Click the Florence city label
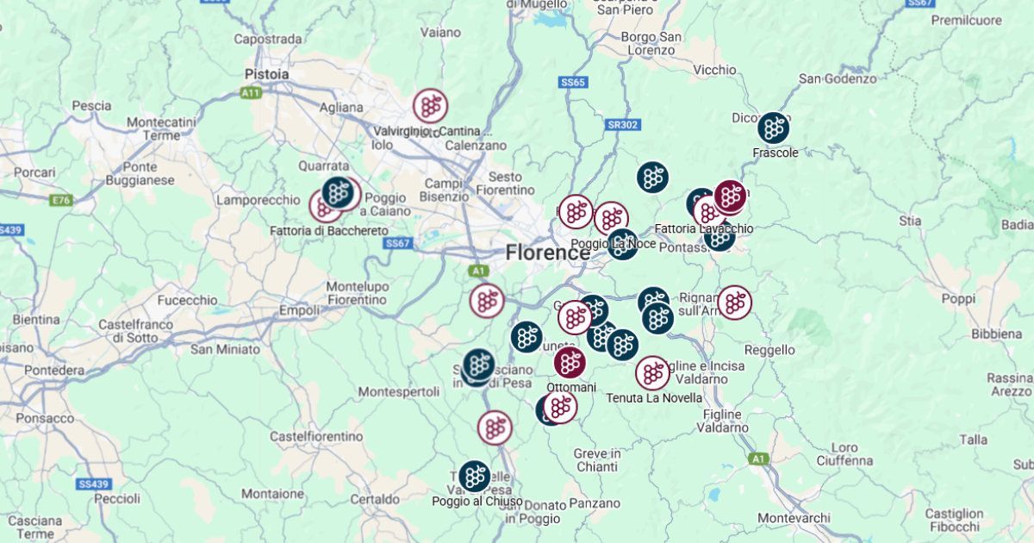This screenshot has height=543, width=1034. pos(548,253)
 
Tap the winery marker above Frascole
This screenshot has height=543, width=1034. pos(774,128)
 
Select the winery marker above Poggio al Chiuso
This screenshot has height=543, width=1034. pos(474,476)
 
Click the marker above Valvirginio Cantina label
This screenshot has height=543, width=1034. pos(430,105)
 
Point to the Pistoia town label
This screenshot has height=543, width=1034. pos(266,74)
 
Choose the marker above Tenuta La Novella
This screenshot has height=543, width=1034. pos(652,372)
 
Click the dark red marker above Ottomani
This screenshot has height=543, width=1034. pos(570,362)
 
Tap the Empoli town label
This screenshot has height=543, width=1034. pos(300,310)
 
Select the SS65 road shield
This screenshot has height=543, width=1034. pos(572,83)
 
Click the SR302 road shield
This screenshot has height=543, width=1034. pos(623,125)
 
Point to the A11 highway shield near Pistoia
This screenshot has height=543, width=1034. pos(251,92)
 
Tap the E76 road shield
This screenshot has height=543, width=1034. pos(61,201)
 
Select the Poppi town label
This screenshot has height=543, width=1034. pos(957,299)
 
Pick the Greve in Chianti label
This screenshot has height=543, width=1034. pos(596,460)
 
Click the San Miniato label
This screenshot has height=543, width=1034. pos(225,349)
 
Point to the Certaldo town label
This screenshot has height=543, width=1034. pos(375,499)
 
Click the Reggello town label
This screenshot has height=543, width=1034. pos(769,350)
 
